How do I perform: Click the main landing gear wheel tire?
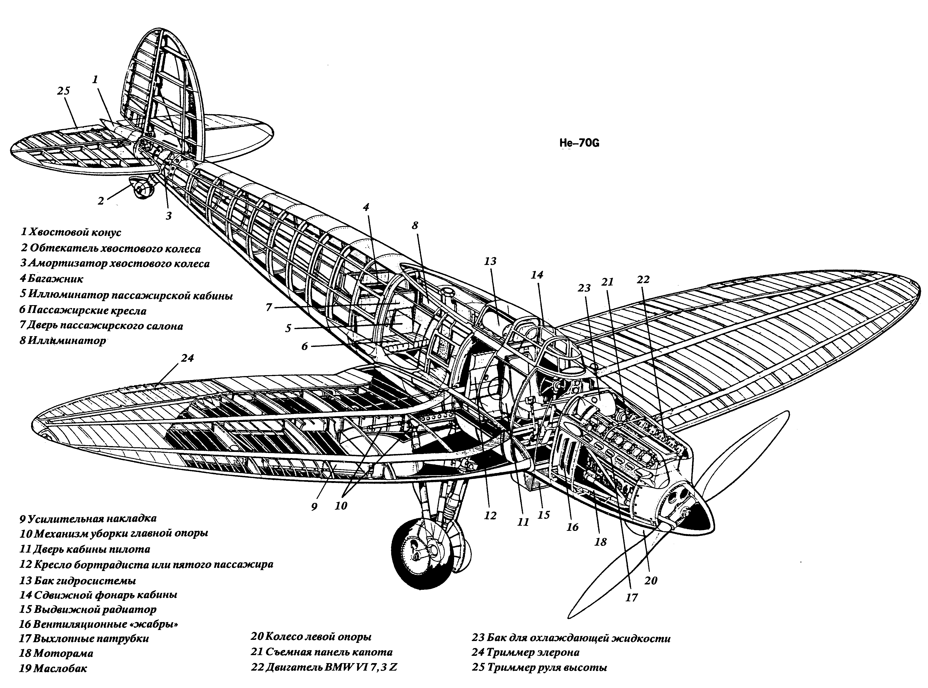pyautogui.click(x=425, y=554)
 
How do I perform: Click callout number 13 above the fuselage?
pyautogui.click(x=490, y=261)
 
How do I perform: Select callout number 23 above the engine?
pyautogui.click(x=584, y=288)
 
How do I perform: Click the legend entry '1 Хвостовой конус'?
pyautogui.click(x=71, y=232)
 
